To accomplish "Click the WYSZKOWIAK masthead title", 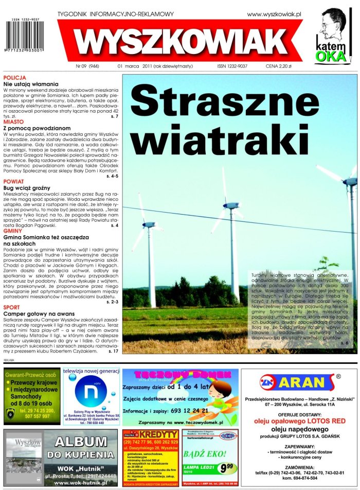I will pyautogui.click(x=182, y=41).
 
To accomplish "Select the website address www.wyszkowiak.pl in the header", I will pyautogui.click(x=274, y=14).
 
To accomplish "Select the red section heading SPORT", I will pyautogui.click(x=12, y=307).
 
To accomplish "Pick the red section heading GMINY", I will pyautogui.click(x=13, y=231).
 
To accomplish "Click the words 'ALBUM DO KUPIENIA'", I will pyautogui.click(x=81, y=448).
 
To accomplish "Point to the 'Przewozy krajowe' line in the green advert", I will pyautogui.click(x=34, y=383).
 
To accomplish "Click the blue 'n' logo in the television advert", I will pyautogui.click(x=91, y=390).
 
